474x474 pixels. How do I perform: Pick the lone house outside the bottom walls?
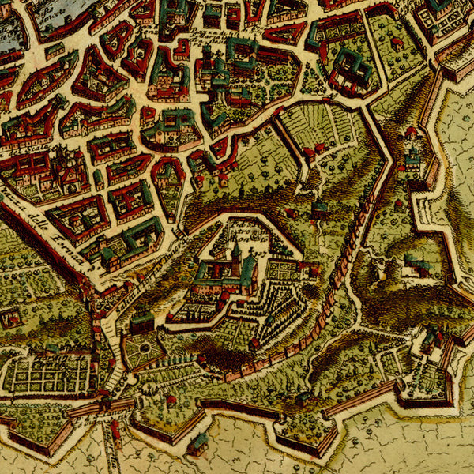click(197, 444)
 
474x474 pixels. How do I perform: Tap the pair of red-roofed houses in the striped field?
click(314, 149)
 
